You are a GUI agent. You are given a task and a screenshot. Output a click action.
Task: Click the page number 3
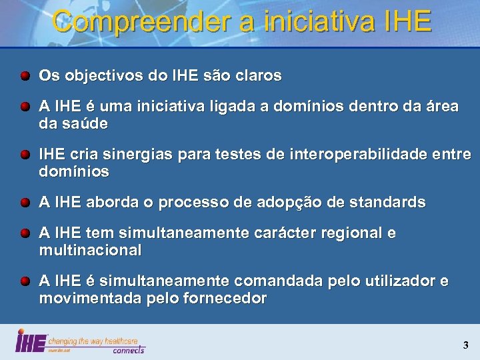pos(465,345)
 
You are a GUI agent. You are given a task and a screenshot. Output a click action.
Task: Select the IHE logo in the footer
pos(31,341)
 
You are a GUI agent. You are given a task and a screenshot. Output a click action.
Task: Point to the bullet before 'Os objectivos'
pos(25,76)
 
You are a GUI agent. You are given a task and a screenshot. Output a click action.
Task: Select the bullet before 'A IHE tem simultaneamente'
pos(25,234)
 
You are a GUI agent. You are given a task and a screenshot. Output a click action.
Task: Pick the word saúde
pos(85,124)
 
